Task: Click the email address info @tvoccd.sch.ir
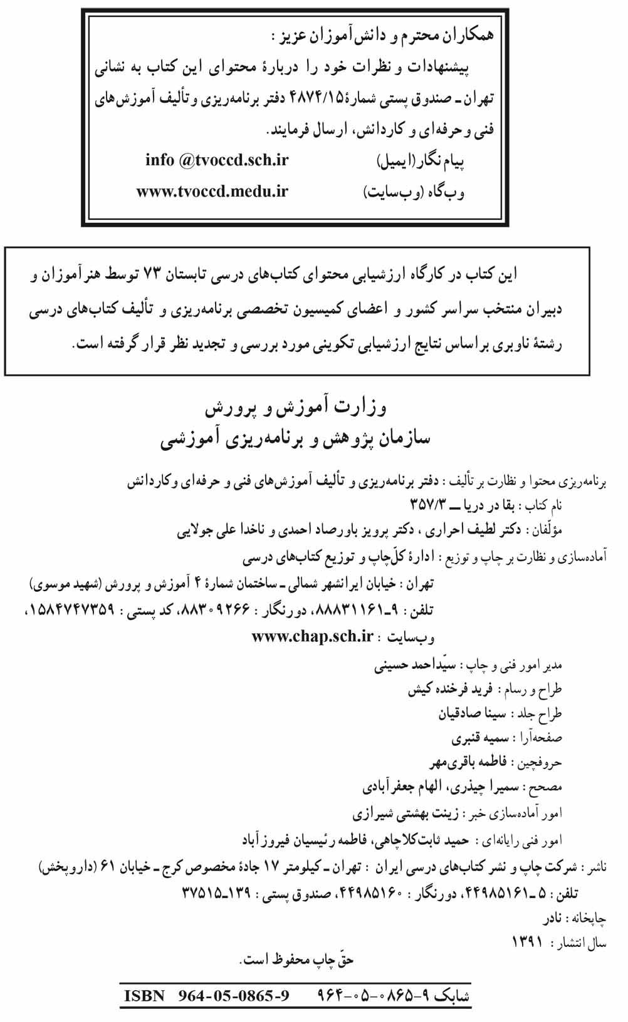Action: [217, 160]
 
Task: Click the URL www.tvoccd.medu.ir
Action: [212, 192]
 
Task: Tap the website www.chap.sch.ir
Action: [312, 636]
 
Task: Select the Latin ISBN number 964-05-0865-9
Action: [234, 996]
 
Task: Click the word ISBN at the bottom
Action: [144, 996]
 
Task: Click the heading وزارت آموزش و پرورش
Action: [295, 408]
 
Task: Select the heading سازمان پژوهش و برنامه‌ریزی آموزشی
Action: [295, 438]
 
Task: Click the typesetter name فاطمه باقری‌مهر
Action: [468, 762]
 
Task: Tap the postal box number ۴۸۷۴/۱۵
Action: [315, 98]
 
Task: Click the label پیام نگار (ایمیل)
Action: [421, 162]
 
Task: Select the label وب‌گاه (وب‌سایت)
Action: [414, 192]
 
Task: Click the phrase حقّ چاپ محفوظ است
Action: [298, 960]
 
